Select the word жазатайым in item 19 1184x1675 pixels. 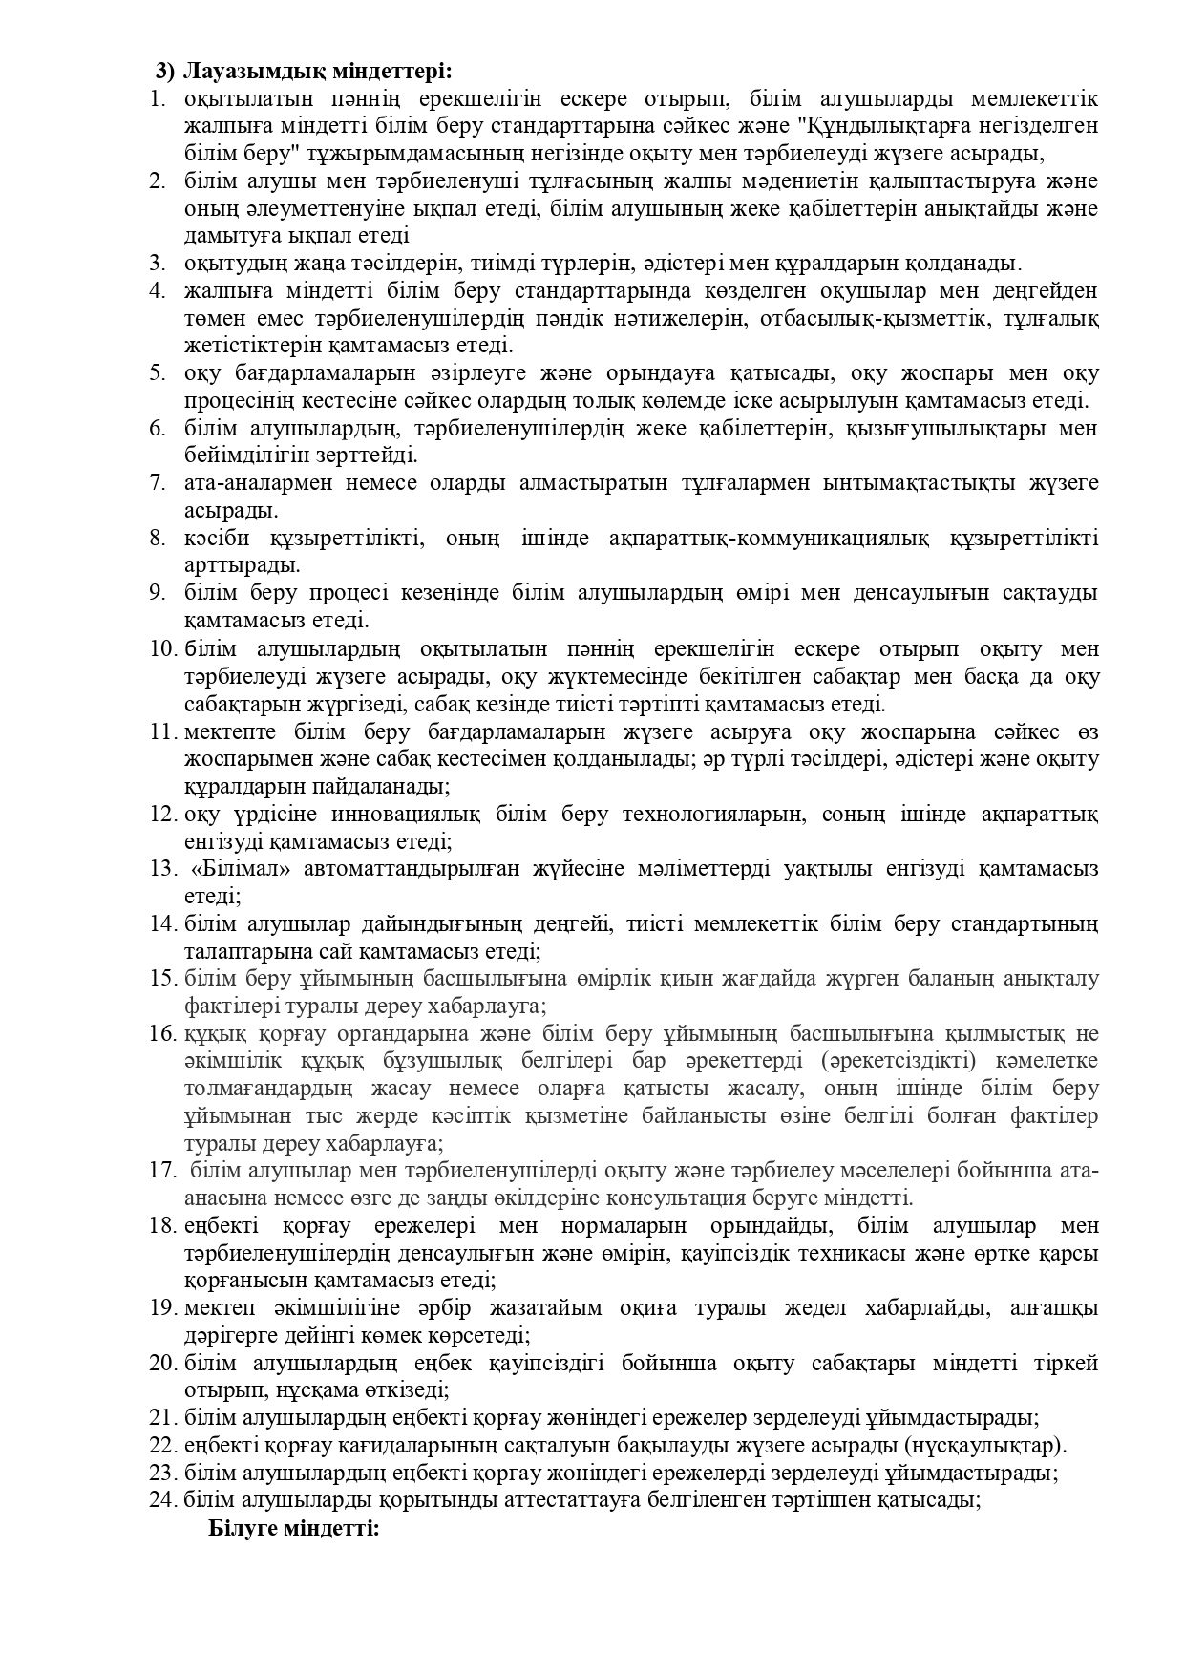coord(536,1307)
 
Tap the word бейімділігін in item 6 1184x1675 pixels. coord(240,455)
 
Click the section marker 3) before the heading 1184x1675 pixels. coord(165,72)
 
